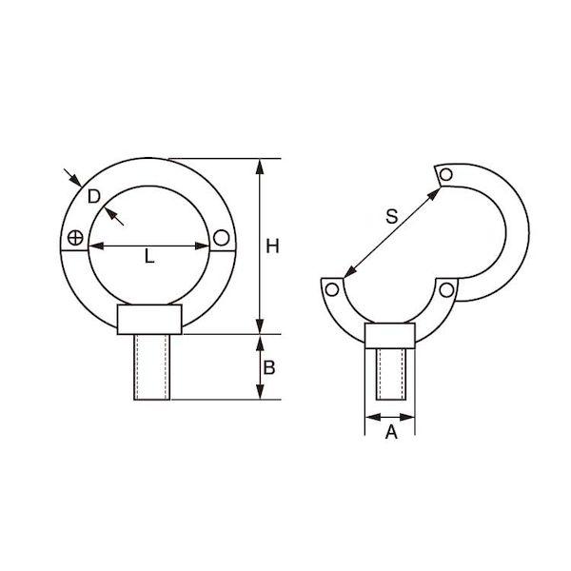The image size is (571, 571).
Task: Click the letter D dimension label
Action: point(94,197)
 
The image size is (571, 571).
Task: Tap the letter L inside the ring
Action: point(149,256)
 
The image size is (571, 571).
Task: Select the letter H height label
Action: point(272,246)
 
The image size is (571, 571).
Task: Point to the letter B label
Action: point(269,367)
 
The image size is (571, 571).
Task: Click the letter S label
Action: point(392,216)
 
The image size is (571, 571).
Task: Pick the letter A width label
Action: point(391,432)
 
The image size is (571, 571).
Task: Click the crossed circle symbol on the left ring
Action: point(75,238)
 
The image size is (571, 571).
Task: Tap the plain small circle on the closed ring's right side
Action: point(222,237)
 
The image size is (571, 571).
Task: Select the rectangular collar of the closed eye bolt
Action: point(149,320)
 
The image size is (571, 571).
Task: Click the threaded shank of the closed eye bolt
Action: point(152,367)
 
